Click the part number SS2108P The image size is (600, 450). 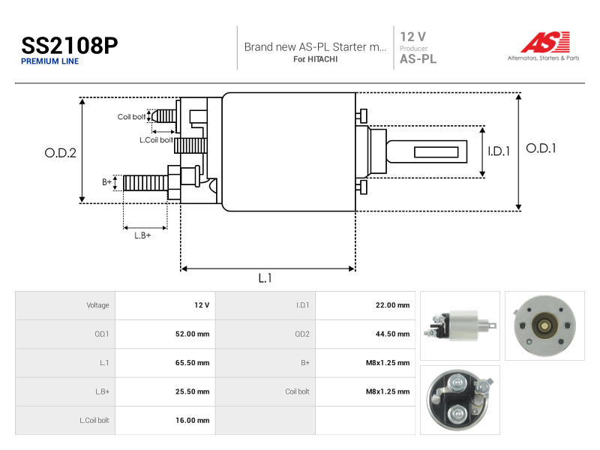pos(69,46)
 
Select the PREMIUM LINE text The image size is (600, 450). pos(49,61)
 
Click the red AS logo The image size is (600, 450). pos(545,42)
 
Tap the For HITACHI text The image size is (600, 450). pos(315,59)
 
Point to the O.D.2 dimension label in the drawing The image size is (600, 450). pos(61,153)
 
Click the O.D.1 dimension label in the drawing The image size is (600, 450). pos(541,148)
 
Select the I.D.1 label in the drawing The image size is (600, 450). pos(499,151)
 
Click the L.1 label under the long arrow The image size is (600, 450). pos(265,278)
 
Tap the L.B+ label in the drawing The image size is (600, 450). pos(142,235)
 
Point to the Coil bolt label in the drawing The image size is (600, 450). pos(131,117)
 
